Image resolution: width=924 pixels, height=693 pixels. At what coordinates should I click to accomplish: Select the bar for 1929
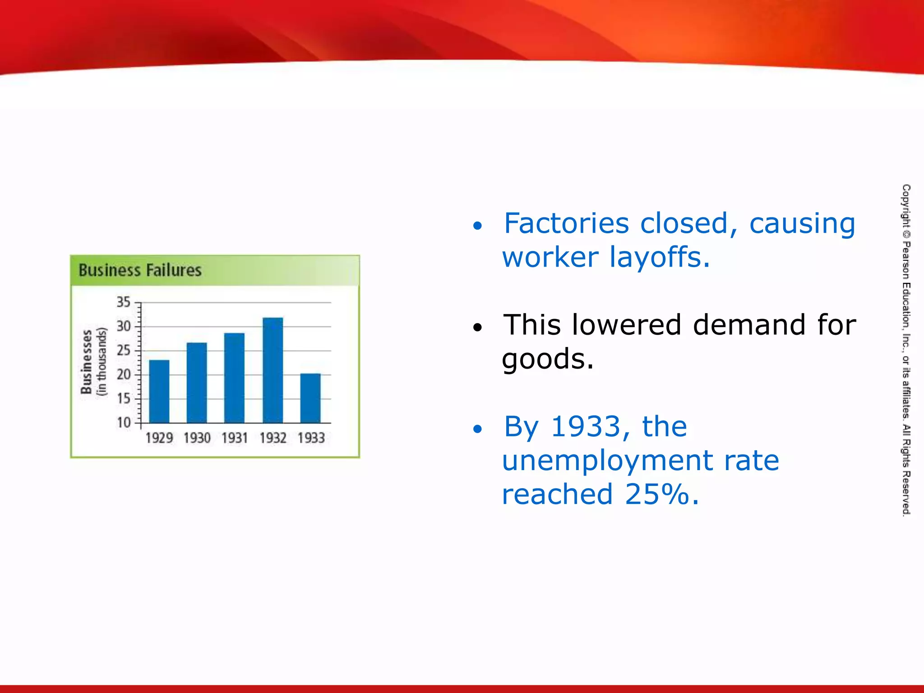tap(159, 392)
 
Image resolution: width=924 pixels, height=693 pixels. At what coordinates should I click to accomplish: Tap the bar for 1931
tap(234, 378)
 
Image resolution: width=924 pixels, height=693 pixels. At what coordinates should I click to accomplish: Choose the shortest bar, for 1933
tap(310, 398)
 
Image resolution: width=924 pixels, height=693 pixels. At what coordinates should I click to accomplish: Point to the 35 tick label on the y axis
tap(123, 302)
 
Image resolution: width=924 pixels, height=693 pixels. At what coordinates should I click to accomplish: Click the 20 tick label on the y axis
tap(123, 374)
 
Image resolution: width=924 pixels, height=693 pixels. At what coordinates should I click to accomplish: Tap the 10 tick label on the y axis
tap(123, 422)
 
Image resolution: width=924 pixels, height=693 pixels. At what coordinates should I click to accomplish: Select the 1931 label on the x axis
tap(235, 438)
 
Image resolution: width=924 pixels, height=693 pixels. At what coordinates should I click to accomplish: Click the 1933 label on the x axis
tap(311, 438)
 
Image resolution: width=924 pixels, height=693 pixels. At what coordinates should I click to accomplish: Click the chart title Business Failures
tap(140, 270)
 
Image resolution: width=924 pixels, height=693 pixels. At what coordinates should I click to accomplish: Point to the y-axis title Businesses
tap(87, 361)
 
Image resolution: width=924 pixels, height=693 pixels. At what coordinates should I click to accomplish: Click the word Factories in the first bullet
tap(566, 223)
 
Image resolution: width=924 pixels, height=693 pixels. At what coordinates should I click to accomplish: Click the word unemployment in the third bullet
tap(607, 461)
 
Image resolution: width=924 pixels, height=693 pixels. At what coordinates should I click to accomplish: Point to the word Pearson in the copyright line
tap(906, 261)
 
